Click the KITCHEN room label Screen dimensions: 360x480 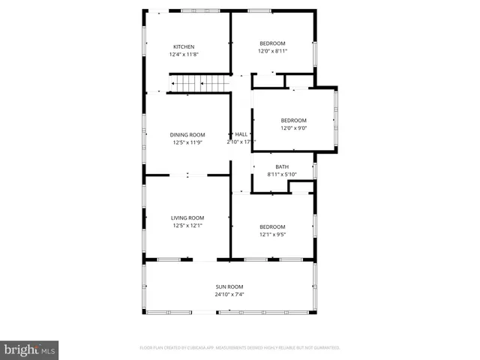coord(184,46)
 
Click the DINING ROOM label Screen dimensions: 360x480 coord(187,135)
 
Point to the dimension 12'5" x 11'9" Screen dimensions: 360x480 coord(187,142)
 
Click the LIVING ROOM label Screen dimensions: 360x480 coord(187,217)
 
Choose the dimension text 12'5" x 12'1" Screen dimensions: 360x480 coord(187,225)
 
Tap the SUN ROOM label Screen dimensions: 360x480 coord(229,286)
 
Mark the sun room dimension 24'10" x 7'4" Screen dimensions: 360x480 coord(229,294)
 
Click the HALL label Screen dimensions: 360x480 coord(241,134)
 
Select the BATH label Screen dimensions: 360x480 coord(282,166)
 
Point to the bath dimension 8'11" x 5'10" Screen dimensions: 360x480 coord(282,174)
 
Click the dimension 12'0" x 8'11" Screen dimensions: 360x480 coord(272,51)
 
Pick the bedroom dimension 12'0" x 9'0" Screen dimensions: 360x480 coord(293,128)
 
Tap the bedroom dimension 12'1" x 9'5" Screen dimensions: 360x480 coord(272,234)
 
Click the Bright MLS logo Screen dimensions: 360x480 coord(29,349)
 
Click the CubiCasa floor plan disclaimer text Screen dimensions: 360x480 coord(240,348)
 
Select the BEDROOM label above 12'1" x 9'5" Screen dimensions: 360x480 coord(272,226)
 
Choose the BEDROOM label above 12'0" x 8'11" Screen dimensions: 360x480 coord(272,43)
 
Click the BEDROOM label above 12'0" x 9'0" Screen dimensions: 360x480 coord(293,121)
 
